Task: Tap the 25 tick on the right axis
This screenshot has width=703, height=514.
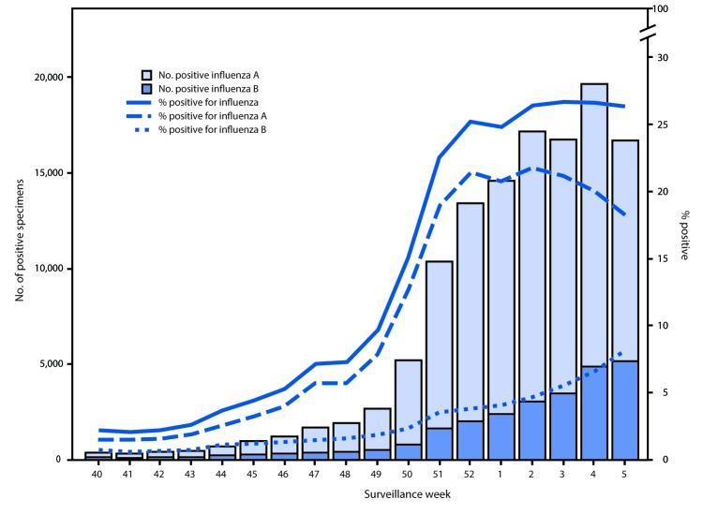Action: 657,125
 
